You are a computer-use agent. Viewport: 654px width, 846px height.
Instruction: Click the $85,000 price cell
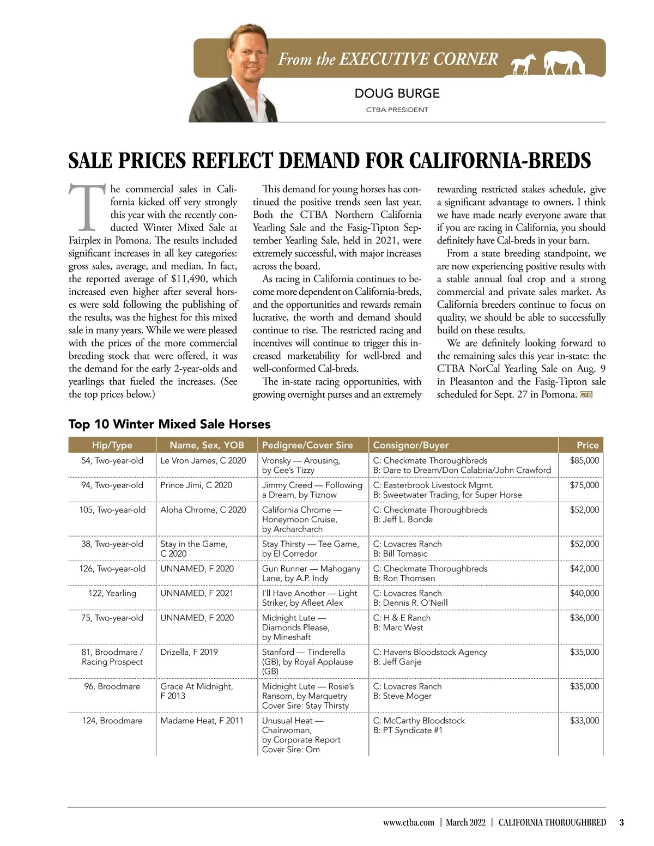pyautogui.click(x=584, y=460)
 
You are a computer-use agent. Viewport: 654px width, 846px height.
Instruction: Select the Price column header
pyautogui.click(x=588, y=445)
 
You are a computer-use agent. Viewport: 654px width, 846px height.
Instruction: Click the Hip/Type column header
pyautogui.click(x=112, y=445)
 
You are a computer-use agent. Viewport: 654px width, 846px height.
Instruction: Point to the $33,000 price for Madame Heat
pyautogui.click(x=584, y=720)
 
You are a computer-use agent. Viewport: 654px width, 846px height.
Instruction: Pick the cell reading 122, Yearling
pyautogui.click(x=112, y=593)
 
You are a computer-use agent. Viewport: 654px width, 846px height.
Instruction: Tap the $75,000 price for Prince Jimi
pyautogui.click(x=584, y=485)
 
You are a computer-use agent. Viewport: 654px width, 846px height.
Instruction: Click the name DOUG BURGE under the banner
pyautogui.click(x=397, y=93)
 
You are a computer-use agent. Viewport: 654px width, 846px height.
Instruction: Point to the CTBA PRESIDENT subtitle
pyautogui.click(x=397, y=109)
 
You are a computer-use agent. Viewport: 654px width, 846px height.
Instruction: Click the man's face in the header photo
pyautogui.click(x=249, y=54)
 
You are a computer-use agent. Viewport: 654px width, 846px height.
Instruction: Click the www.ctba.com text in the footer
pyautogui.click(x=408, y=823)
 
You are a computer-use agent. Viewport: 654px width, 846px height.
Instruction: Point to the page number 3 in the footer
pyautogui.click(x=622, y=823)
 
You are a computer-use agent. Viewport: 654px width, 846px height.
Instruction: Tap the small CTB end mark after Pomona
pyautogui.click(x=586, y=394)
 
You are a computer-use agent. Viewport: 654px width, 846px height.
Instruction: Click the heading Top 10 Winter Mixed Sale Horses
pyautogui.click(x=169, y=424)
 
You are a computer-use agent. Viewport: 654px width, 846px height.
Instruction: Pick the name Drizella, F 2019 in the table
pyautogui.click(x=189, y=652)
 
